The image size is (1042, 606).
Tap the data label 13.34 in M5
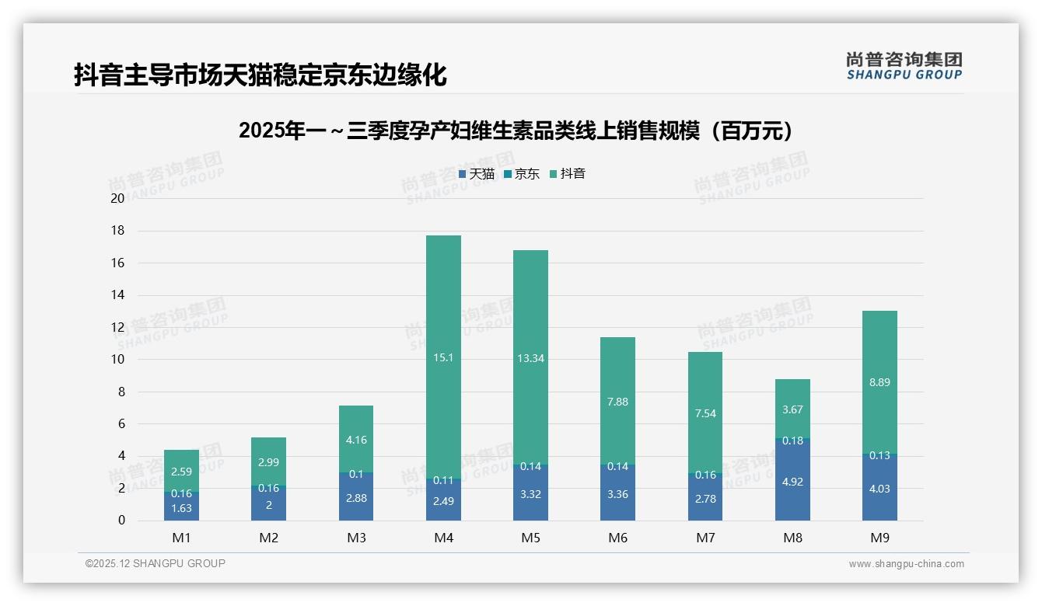[530, 358]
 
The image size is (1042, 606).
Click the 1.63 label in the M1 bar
[181, 509]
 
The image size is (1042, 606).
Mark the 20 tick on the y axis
[117, 198]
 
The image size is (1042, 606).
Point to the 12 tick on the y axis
[117, 327]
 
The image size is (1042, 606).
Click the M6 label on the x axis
[618, 538]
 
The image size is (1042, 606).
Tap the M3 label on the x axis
[356, 538]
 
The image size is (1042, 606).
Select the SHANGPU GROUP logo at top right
[904, 66]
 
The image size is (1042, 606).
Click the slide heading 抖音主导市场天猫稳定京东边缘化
[260, 75]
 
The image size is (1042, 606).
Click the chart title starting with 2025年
[520, 131]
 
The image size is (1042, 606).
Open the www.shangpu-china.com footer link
[906, 564]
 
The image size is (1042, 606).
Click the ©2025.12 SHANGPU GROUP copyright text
[156, 563]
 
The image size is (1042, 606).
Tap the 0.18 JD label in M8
[792, 441]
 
